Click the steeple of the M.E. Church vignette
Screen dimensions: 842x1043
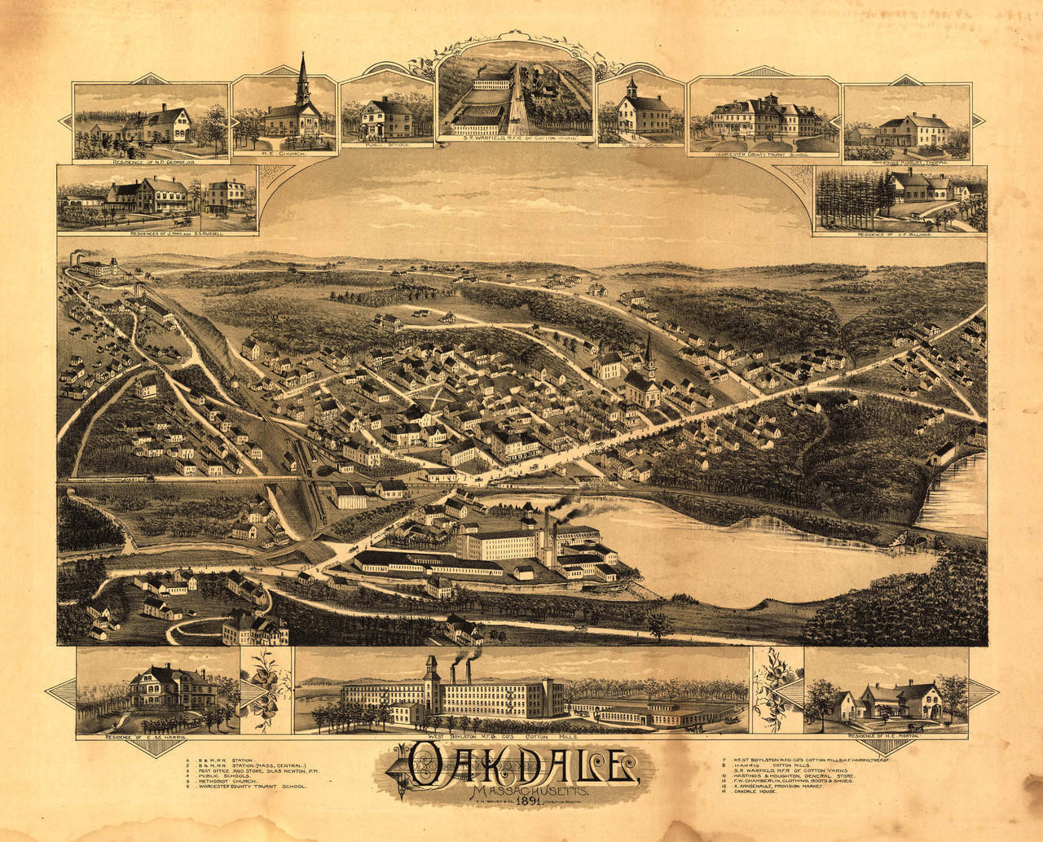pyautogui.click(x=302, y=73)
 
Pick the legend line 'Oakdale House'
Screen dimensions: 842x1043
pyautogui.click(x=745, y=792)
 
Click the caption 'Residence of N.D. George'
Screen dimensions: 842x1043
pyautogui.click(x=148, y=161)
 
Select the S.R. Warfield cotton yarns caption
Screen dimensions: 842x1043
pyautogui.click(x=513, y=139)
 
